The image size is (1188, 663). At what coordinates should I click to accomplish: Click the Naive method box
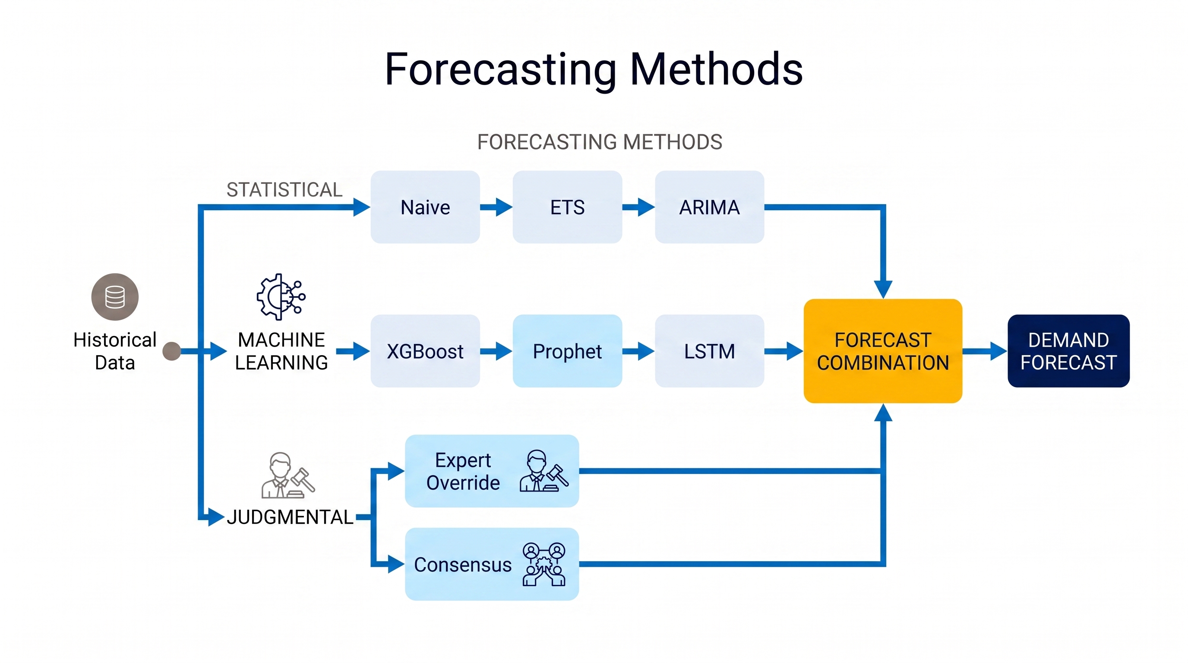(425, 207)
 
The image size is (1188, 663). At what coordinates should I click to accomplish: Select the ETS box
(567, 207)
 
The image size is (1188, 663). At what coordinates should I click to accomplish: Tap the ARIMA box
(709, 207)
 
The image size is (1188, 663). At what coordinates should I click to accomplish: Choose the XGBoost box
(425, 351)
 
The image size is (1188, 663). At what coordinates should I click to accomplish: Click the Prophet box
(567, 351)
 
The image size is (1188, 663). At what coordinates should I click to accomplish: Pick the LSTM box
(709, 351)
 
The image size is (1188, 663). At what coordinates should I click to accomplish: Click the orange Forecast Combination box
(883, 351)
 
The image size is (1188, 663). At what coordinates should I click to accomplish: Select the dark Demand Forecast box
(1068, 351)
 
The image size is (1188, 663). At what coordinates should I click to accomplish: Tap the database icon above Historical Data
(115, 297)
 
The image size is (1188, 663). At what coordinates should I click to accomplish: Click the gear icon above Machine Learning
(281, 297)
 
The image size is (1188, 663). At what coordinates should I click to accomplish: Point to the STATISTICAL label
(284, 190)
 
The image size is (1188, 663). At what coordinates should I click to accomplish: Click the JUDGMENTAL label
(290, 517)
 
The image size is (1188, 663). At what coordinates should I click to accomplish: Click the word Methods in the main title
(716, 69)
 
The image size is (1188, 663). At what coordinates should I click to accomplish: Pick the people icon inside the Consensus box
(544, 564)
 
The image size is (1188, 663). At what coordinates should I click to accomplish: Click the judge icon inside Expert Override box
(544, 471)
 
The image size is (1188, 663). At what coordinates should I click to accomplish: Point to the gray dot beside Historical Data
(172, 351)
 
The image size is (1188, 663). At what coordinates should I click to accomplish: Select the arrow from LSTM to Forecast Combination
(784, 351)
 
